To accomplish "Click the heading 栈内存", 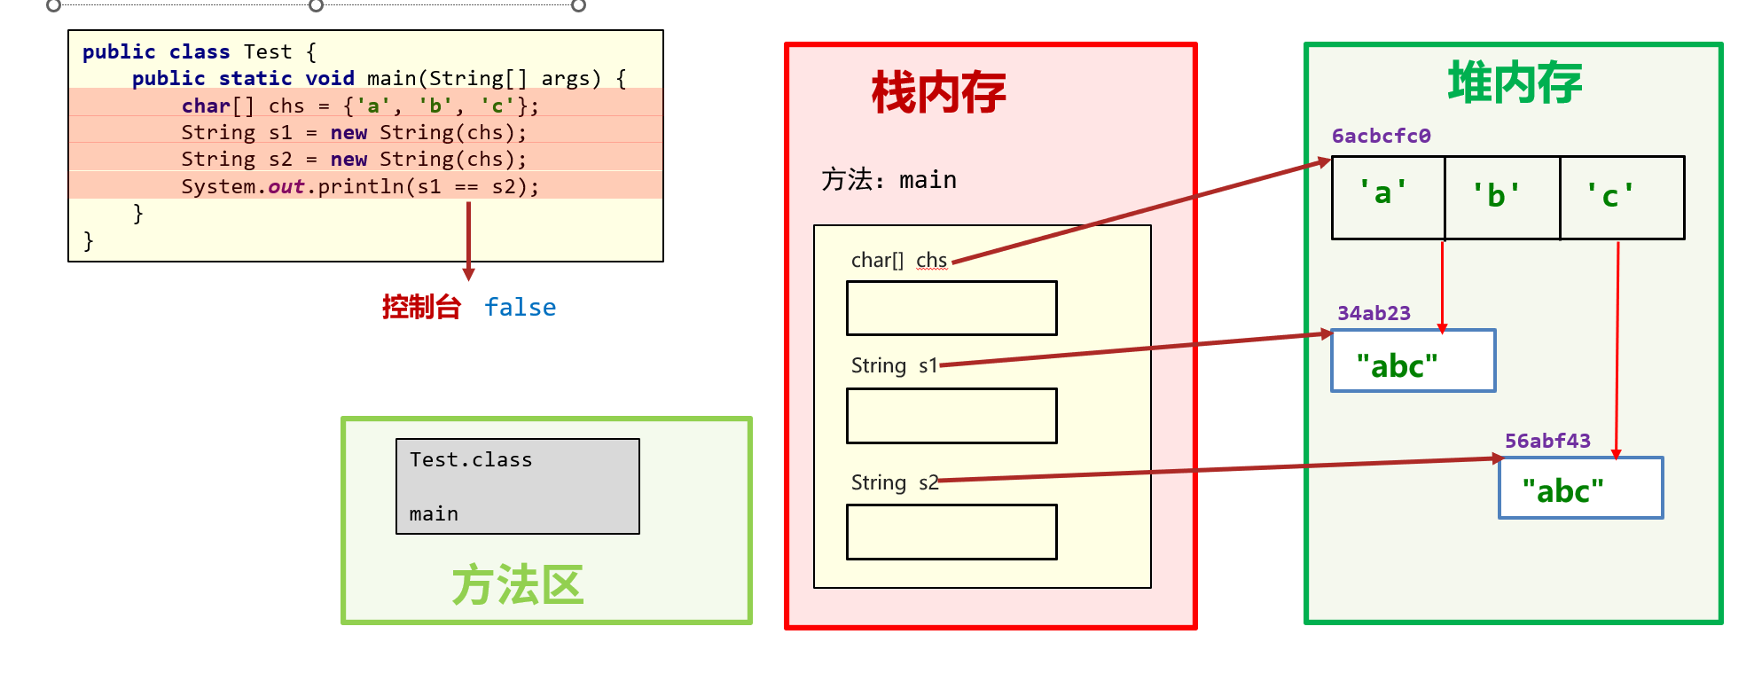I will point(938,93).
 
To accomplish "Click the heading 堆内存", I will point(1515,83).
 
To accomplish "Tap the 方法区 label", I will point(518,585).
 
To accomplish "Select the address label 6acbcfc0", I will point(1381,136).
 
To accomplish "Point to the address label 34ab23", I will point(1374,313).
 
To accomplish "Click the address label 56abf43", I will point(1547,441).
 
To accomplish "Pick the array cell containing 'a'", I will point(1388,198).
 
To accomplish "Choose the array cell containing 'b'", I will point(1502,198).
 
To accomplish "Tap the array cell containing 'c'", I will point(1621,198).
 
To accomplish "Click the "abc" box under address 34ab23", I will point(1413,361).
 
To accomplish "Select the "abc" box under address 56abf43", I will point(1580,489).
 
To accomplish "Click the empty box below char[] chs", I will point(951,309).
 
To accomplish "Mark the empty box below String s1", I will point(951,416).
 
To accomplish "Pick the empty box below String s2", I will point(951,532).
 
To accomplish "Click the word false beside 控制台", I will point(520,308).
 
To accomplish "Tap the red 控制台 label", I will point(421,308).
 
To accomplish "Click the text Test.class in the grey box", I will point(471,459).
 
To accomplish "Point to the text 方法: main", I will point(889,180).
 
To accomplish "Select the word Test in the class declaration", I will point(267,51).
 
